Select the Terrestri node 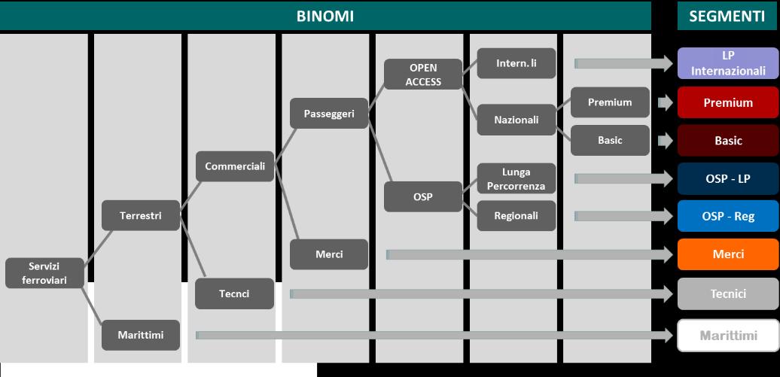[141, 216]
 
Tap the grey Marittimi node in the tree [141, 335]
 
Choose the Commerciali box [235, 166]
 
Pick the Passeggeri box [329, 114]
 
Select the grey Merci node [329, 254]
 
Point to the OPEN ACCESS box [423, 74]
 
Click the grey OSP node [423, 197]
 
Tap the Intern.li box [516, 64]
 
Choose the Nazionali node [516, 120]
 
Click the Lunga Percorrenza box [516, 179]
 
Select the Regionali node [516, 216]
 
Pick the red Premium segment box [728, 103]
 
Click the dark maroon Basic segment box [728, 141]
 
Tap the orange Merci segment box [728, 254]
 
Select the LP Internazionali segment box [728, 64]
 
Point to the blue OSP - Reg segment [728, 216]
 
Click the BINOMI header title [324, 16]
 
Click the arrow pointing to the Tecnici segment [482, 293]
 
